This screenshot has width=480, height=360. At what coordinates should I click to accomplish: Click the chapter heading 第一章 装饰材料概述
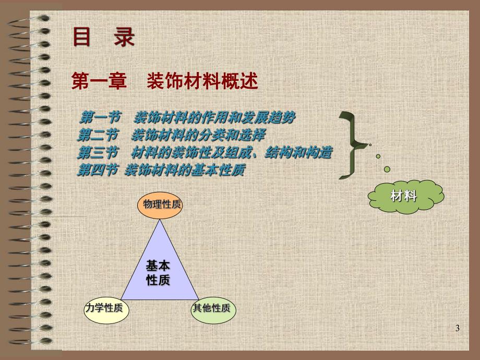pos(164,81)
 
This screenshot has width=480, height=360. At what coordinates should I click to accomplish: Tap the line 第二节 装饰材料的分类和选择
pos(171,135)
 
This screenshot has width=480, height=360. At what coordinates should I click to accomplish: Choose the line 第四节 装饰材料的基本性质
pos(161,170)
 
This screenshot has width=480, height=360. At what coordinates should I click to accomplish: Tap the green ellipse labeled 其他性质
pos(211,308)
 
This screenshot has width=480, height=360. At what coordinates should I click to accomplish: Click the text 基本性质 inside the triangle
pos(158,273)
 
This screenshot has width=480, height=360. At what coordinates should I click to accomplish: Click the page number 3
pos(458,328)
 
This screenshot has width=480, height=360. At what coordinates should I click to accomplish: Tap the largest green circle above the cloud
pos(387,169)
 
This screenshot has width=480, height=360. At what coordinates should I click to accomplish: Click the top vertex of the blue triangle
pos(160,220)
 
